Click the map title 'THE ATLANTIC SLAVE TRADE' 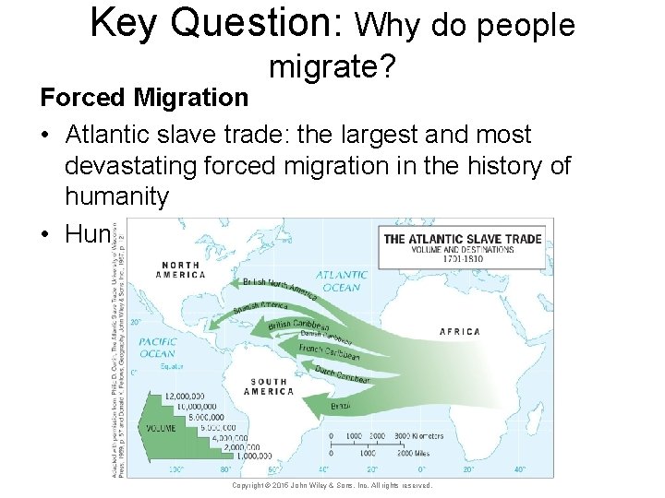point(463,239)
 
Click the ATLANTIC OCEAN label point(342,280)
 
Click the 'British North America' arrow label point(280,288)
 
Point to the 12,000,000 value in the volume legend point(185,397)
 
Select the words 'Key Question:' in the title point(217,23)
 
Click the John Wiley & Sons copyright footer point(332,485)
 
